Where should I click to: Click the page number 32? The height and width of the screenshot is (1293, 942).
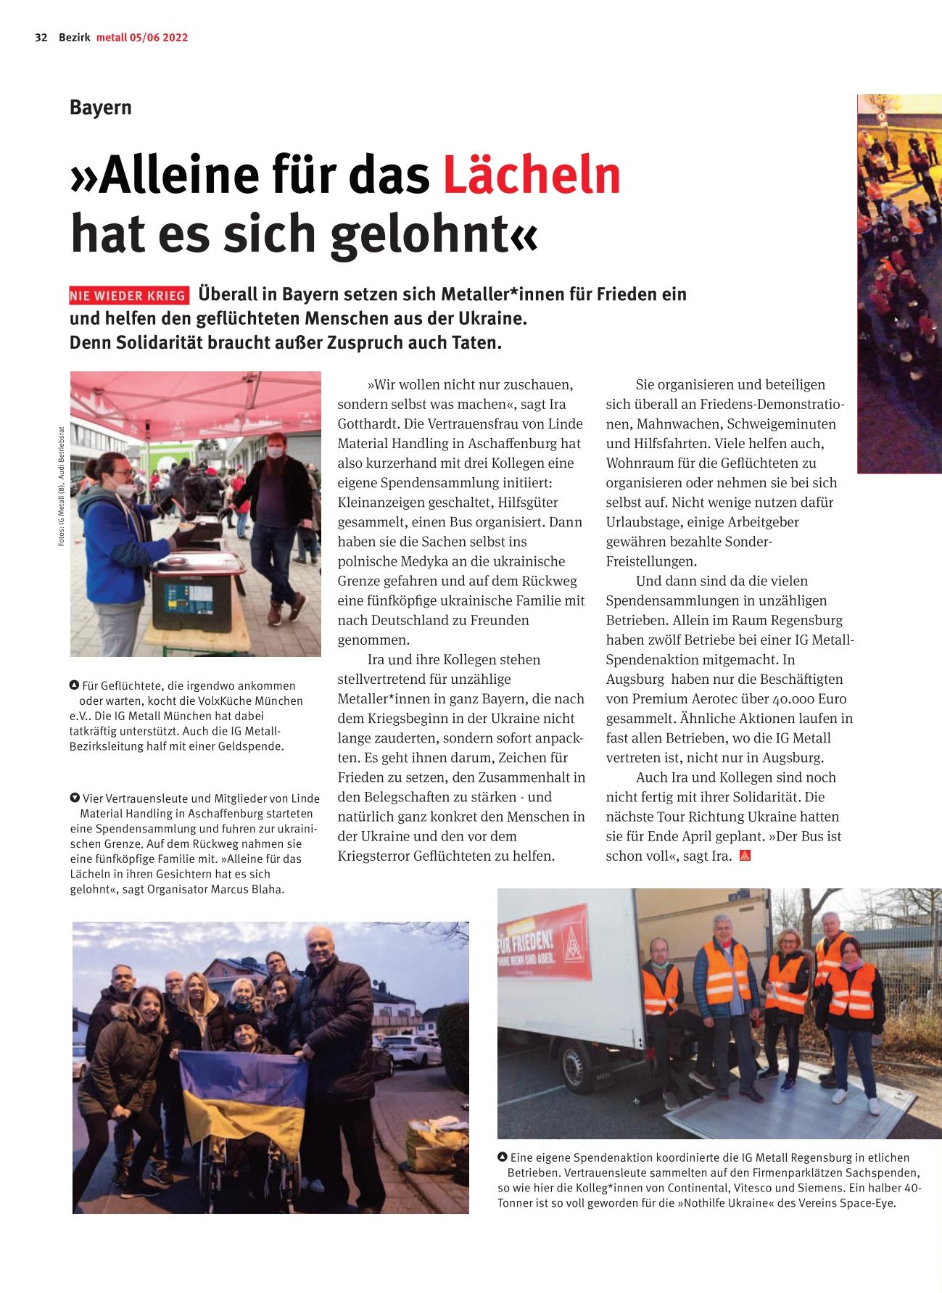point(41,38)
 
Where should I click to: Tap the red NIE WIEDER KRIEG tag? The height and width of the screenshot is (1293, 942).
point(128,296)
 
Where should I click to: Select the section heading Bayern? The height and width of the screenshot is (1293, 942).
point(101,107)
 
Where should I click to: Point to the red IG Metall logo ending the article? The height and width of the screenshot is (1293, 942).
point(744,856)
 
